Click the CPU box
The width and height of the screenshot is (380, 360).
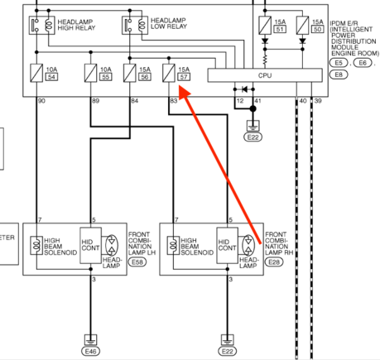(x=265, y=75)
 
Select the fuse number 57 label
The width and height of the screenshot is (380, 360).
(x=184, y=77)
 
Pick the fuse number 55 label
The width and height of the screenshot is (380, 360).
(x=106, y=77)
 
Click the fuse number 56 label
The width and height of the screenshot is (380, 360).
(x=145, y=77)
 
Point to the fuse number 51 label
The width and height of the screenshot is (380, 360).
(x=280, y=29)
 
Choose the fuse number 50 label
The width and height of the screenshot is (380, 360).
(x=318, y=29)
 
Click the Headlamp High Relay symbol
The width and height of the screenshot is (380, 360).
(x=42, y=26)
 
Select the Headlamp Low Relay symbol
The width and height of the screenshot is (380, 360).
(x=135, y=26)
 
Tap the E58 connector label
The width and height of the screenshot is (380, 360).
(x=137, y=262)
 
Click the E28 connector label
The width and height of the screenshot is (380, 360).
(x=274, y=262)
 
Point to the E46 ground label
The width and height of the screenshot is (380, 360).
(x=90, y=351)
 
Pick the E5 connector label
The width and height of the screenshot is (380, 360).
(x=339, y=63)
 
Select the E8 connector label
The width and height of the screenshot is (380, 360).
(x=339, y=74)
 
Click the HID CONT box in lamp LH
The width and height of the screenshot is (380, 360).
(x=90, y=246)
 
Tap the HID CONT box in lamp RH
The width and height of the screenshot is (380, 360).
(x=228, y=246)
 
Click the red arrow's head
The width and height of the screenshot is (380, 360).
(x=184, y=92)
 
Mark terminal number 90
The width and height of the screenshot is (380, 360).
(x=41, y=101)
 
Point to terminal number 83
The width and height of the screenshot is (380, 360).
(x=174, y=101)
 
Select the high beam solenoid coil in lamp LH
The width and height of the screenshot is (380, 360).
(x=36, y=245)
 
